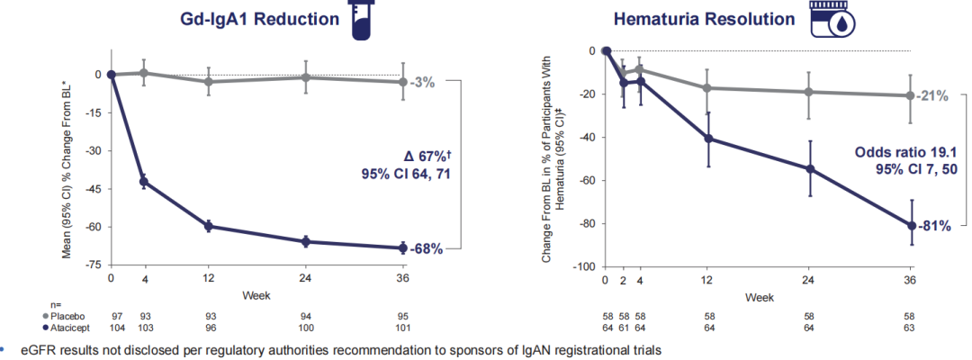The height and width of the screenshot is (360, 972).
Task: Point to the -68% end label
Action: click(426, 248)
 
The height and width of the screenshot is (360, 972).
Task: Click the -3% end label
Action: click(422, 82)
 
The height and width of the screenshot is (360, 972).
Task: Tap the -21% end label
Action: click(934, 96)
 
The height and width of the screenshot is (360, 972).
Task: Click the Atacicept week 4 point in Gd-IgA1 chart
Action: click(144, 182)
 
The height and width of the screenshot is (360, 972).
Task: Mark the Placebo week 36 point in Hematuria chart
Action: click(910, 95)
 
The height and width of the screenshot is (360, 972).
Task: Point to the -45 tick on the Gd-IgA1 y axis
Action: click(91, 189)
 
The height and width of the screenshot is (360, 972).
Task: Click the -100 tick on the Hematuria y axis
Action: click(583, 267)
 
